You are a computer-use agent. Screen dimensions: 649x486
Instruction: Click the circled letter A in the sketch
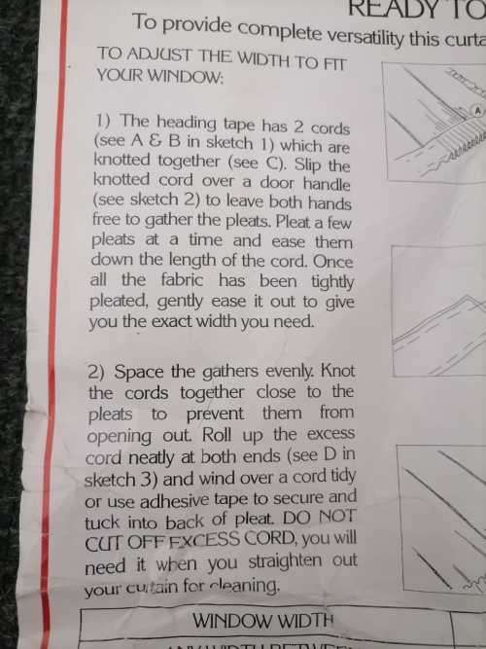click(477, 111)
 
